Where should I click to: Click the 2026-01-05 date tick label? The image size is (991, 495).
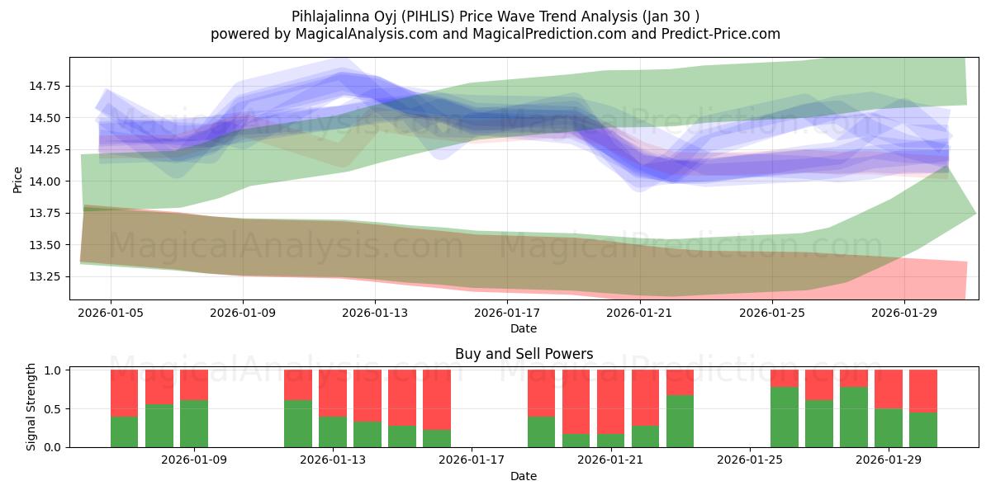click(x=111, y=313)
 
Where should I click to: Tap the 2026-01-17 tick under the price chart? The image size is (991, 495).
click(x=508, y=313)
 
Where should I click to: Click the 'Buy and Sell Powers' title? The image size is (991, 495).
click(x=524, y=354)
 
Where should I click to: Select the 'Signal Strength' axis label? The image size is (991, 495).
click(x=31, y=407)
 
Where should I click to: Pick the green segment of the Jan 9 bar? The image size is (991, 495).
click(x=194, y=423)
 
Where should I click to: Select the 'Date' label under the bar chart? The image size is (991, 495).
click(x=524, y=476)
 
